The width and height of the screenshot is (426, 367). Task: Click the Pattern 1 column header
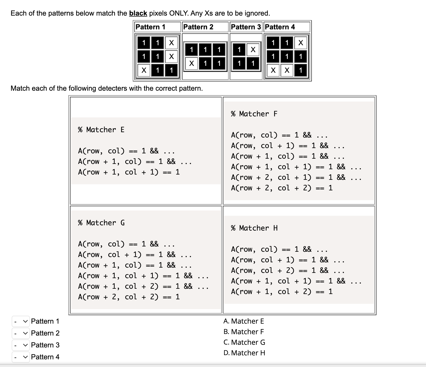click(x=150, y=27)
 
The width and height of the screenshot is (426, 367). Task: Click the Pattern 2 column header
click(x=198, y=27)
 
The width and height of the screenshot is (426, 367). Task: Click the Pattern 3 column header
click(x=246, y=27)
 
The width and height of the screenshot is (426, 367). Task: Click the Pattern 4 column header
click(x=280, y=27)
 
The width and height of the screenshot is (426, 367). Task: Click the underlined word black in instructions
click(x=138, y=13)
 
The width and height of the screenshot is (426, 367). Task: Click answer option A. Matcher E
click(x=244, y=321)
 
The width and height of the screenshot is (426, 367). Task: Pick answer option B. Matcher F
click(x=244, y=332)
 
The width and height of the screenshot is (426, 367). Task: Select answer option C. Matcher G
click(x=244, y=342)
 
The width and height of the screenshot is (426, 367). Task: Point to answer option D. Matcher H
click(x=244, y=353)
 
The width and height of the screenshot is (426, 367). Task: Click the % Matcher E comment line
click(x=101, y=130)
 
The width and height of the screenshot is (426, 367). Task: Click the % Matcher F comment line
click(x=254, y=114)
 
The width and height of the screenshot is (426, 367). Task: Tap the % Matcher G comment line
click(x=101, y=223)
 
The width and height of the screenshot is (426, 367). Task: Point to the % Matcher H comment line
click(x=254, y=228)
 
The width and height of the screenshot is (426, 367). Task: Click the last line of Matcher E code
click(x=129, y=172)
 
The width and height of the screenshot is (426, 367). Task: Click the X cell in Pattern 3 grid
click(x=253, y=49)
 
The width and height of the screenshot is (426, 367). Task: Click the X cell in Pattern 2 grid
click(x=192, y=63)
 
